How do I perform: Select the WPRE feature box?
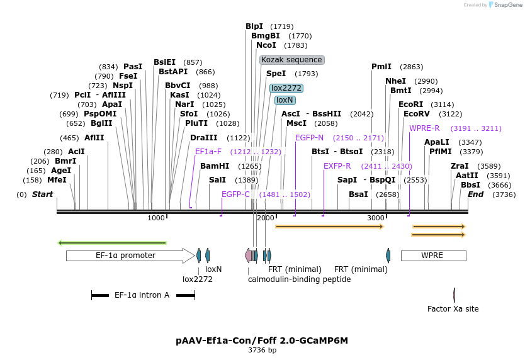[433, 256]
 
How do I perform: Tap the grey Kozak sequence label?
[292, 60]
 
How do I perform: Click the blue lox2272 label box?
[286, 88]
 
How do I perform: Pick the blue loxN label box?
[285, 100]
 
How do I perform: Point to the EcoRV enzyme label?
[417, 114]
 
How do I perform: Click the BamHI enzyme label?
[215, 166]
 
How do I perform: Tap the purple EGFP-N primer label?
[310, 138]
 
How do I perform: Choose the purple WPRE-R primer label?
[424, 128]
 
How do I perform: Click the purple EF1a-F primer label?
[208, 152]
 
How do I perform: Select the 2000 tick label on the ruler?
[266, 218]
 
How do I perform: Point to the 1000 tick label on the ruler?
[156, 218]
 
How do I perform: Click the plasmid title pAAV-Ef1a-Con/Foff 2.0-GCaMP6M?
[262, 340]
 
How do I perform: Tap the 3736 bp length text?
[262, 351]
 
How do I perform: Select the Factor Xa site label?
[453, 309]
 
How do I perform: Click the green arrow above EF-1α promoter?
[112, 242]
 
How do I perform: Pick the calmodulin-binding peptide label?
[299, 279]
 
